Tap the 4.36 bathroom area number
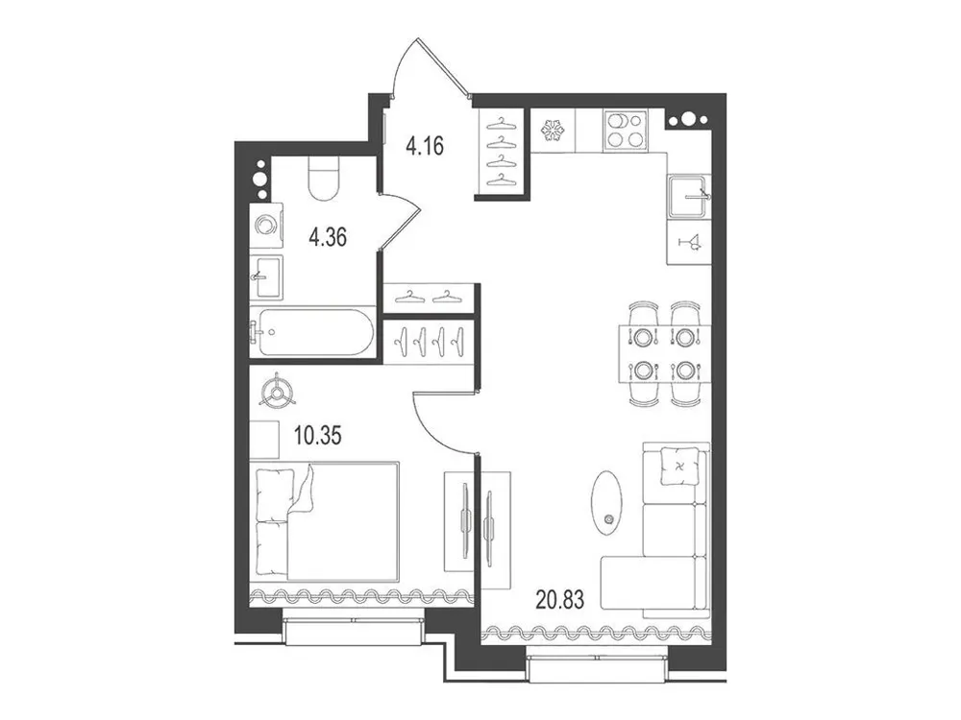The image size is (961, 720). click(329, 237)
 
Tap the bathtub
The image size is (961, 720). click(309, 332)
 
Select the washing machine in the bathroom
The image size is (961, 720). click(266, 226)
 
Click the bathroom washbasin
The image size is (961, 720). click(266, 276)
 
